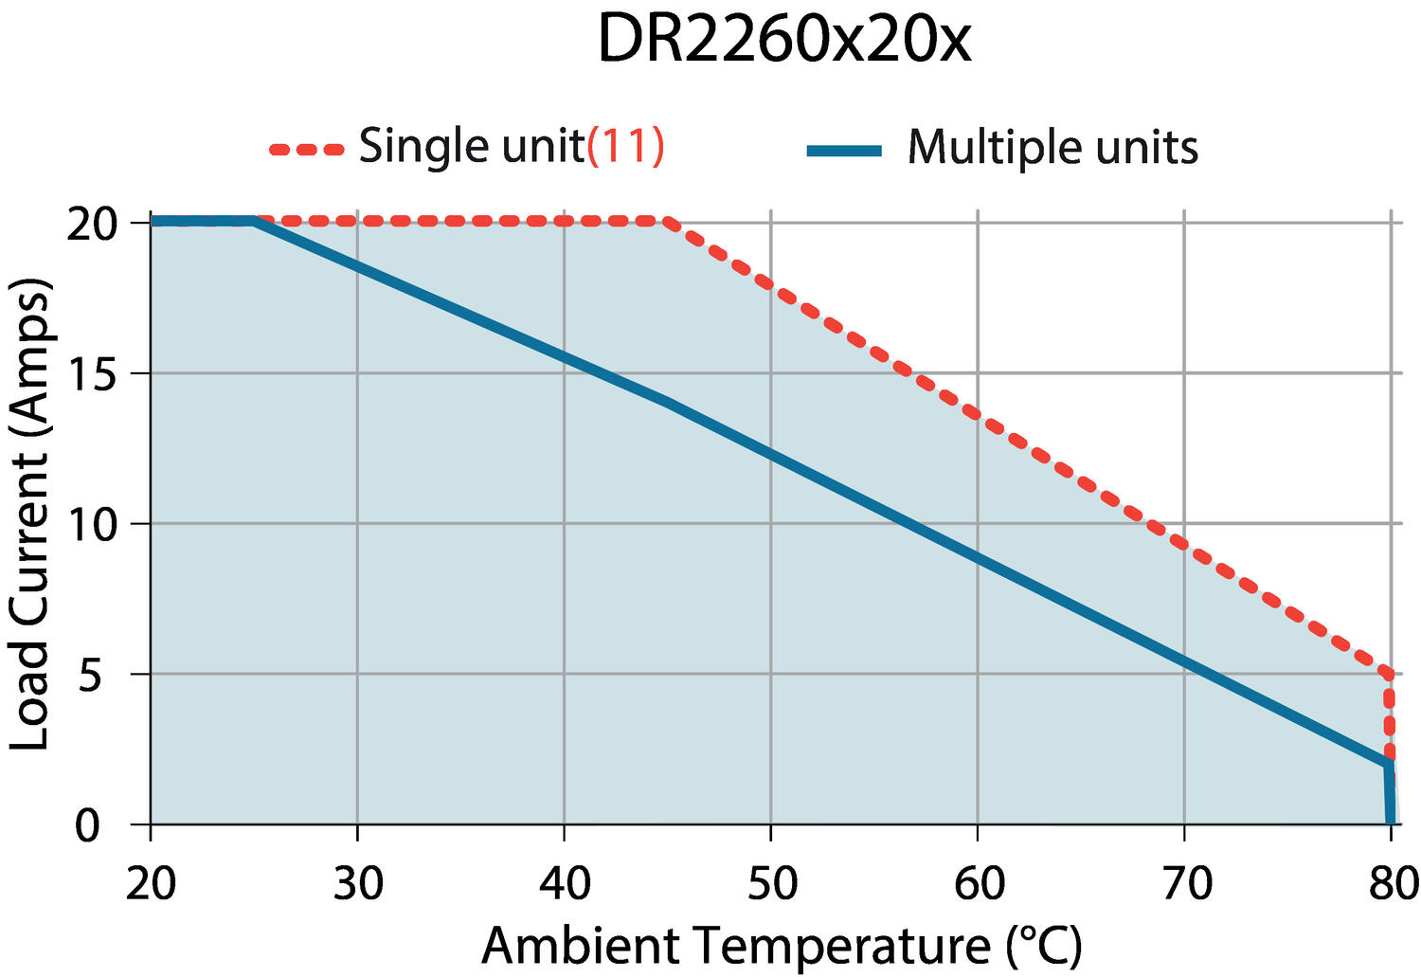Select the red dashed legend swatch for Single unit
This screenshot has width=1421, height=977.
point(306,149)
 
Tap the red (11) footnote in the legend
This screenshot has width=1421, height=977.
point(626,147)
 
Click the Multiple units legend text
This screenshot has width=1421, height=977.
point(1052,148)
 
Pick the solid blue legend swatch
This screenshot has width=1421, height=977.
point(844,151)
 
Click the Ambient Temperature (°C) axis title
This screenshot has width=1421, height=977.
point(782,946)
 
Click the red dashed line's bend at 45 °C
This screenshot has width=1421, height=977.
point(669,222)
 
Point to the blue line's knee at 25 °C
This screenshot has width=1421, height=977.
point(254,222)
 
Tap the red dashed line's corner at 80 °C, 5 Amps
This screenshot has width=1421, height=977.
point(1389,674)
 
